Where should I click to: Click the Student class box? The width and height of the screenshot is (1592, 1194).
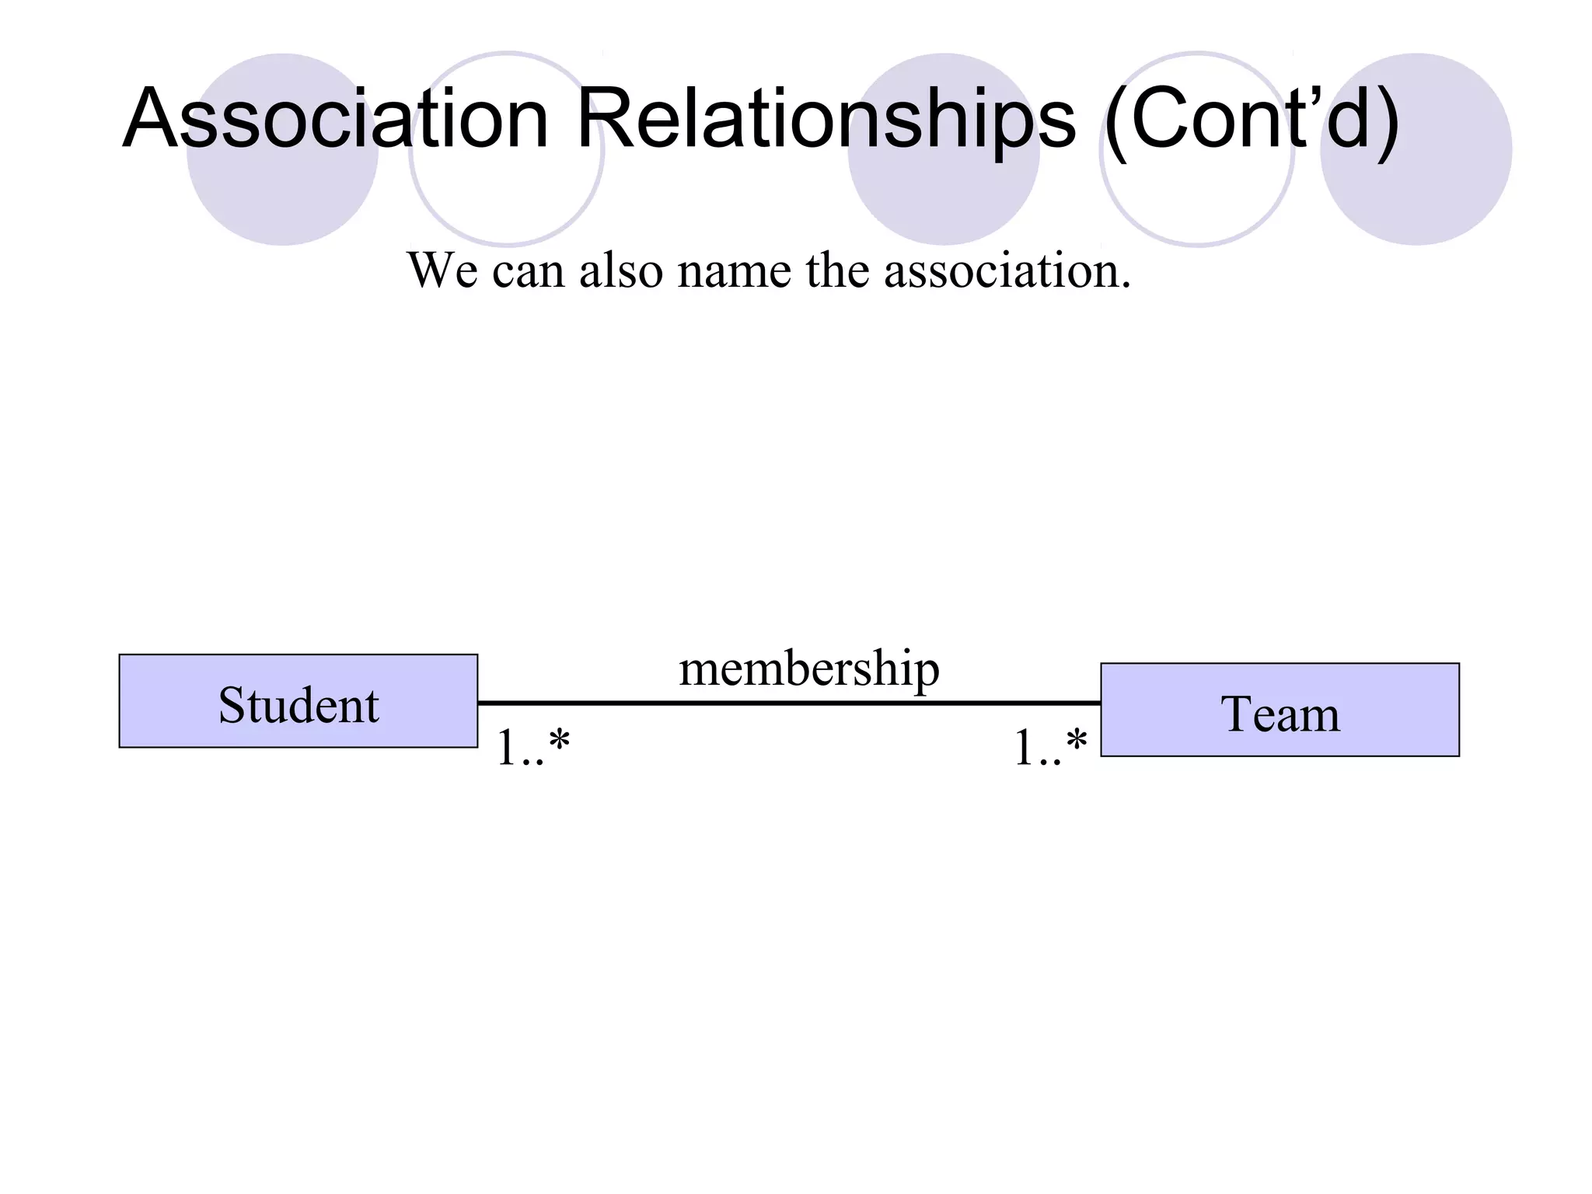(298, 701)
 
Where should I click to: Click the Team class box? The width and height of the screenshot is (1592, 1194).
(1280, 710)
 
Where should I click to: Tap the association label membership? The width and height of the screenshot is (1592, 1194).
(808, 669)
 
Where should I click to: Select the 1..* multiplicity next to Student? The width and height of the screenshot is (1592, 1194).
(533, 748)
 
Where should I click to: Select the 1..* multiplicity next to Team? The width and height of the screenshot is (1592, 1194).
(1050, 748)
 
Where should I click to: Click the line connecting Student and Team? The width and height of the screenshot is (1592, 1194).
(789, 703)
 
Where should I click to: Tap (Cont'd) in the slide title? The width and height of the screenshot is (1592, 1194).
(1252, 119)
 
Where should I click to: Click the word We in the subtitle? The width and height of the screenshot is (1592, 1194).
(442, 271)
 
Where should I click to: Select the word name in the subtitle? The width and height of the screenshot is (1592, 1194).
(734, 271)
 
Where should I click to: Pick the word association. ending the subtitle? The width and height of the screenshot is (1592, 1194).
(1007, 271)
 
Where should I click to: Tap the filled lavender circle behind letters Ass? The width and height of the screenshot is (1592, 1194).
(282, 194)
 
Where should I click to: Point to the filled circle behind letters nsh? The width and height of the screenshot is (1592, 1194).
(943, 198)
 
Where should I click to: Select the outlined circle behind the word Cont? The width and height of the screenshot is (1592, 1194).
(1197, 202)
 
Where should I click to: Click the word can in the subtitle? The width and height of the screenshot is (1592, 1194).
(528, 271)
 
